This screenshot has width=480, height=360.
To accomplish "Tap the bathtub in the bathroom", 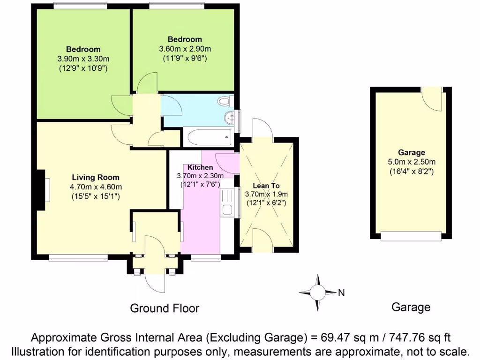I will (x=208, y=137).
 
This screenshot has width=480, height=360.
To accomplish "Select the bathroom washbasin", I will (x=230, y=117).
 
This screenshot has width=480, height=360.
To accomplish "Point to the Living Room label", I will (x=95, y=178).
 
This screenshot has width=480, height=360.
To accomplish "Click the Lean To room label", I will (x=266, y=186).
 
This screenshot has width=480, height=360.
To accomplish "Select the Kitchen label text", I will (x=200, y=167).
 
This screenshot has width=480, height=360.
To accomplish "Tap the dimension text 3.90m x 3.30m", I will (x=83, y=59).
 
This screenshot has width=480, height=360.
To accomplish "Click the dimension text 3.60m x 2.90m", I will (x=185, y=49).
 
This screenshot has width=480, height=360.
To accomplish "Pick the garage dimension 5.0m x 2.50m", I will (x=412, y=162).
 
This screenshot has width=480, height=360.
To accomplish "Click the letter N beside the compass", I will (x=341, y=293).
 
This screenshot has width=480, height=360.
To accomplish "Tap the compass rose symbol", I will (x=317, y=292).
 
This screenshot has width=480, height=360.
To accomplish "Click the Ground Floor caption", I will (x=164, y=308).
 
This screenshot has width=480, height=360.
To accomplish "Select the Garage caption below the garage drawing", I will (x=411, y=307).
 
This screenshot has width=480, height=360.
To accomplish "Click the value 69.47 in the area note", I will (x=337, y=337).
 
